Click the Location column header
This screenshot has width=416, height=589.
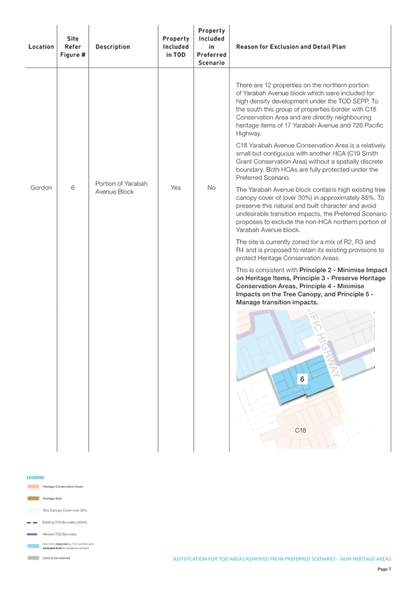41,47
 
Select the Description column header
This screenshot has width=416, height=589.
112,47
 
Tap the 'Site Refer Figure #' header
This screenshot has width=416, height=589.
72,47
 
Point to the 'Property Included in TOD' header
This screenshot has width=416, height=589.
176,47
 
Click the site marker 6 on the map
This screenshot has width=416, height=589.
302,379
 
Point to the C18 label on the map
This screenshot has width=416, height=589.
300,430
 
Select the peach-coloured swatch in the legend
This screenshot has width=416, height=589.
33,486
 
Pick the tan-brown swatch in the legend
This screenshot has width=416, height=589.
33,498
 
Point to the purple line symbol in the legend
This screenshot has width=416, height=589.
33,534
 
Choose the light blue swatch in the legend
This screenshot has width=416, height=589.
33,546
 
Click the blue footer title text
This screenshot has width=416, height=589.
281,559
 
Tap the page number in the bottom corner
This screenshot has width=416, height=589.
384,569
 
